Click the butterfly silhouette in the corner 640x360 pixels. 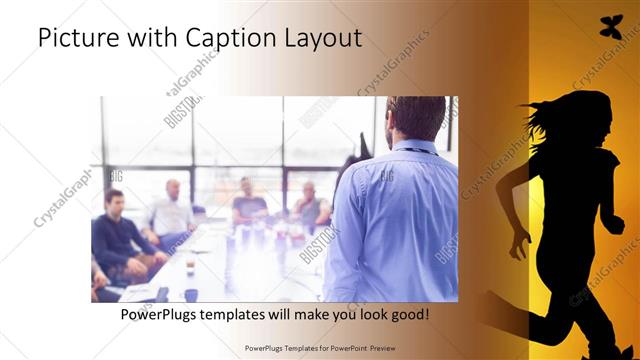(609, 28)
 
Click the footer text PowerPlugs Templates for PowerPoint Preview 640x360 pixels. (319, 348)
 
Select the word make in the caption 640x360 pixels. (318, 314)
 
